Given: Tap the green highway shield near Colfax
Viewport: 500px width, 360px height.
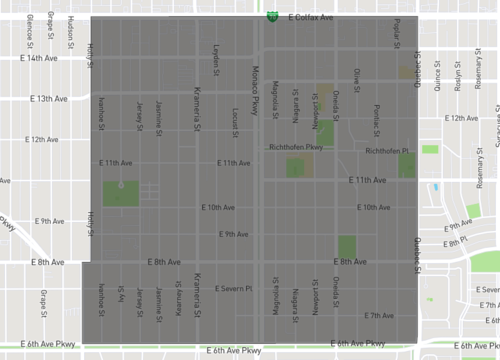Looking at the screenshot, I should click(273, 16).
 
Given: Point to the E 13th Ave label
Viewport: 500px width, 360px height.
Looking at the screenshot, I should click(46, 98).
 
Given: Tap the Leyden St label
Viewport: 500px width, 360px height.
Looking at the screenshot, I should click(216, 57).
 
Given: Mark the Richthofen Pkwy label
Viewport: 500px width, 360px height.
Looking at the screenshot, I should click(297, 147).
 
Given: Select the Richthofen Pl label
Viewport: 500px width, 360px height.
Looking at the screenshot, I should click(388, 151).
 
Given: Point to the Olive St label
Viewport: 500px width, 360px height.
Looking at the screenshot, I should click(357, 79).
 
